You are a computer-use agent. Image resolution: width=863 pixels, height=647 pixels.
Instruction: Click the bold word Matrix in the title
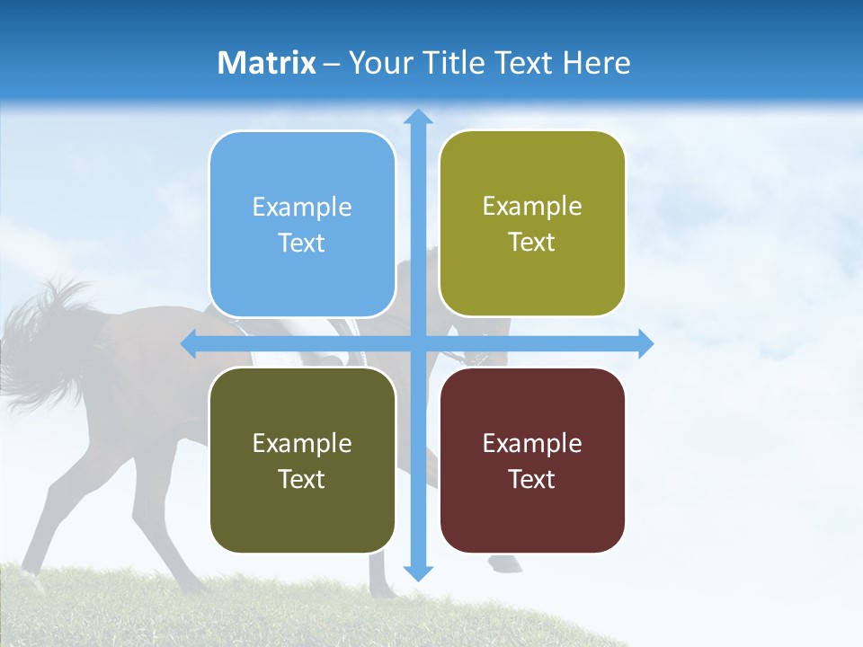267,63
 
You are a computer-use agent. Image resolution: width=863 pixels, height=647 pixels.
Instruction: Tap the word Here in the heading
596,63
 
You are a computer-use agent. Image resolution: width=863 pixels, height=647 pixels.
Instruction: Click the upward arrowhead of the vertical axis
417,117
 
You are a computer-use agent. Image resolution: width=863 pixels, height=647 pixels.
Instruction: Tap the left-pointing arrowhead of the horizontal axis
190,343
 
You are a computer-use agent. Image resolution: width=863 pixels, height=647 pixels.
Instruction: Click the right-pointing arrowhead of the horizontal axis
645,343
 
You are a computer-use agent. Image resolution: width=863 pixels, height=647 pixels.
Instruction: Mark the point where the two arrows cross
417,343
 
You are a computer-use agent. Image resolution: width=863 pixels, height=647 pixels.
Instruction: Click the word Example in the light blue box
302,208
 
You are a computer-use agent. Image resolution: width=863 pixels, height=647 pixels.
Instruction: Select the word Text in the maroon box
532,479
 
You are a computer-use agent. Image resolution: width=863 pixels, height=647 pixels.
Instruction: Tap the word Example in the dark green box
302,444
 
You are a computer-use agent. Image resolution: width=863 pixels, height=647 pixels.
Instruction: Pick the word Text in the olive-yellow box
532,243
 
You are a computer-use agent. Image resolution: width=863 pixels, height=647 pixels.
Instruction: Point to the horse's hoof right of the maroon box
506,563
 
